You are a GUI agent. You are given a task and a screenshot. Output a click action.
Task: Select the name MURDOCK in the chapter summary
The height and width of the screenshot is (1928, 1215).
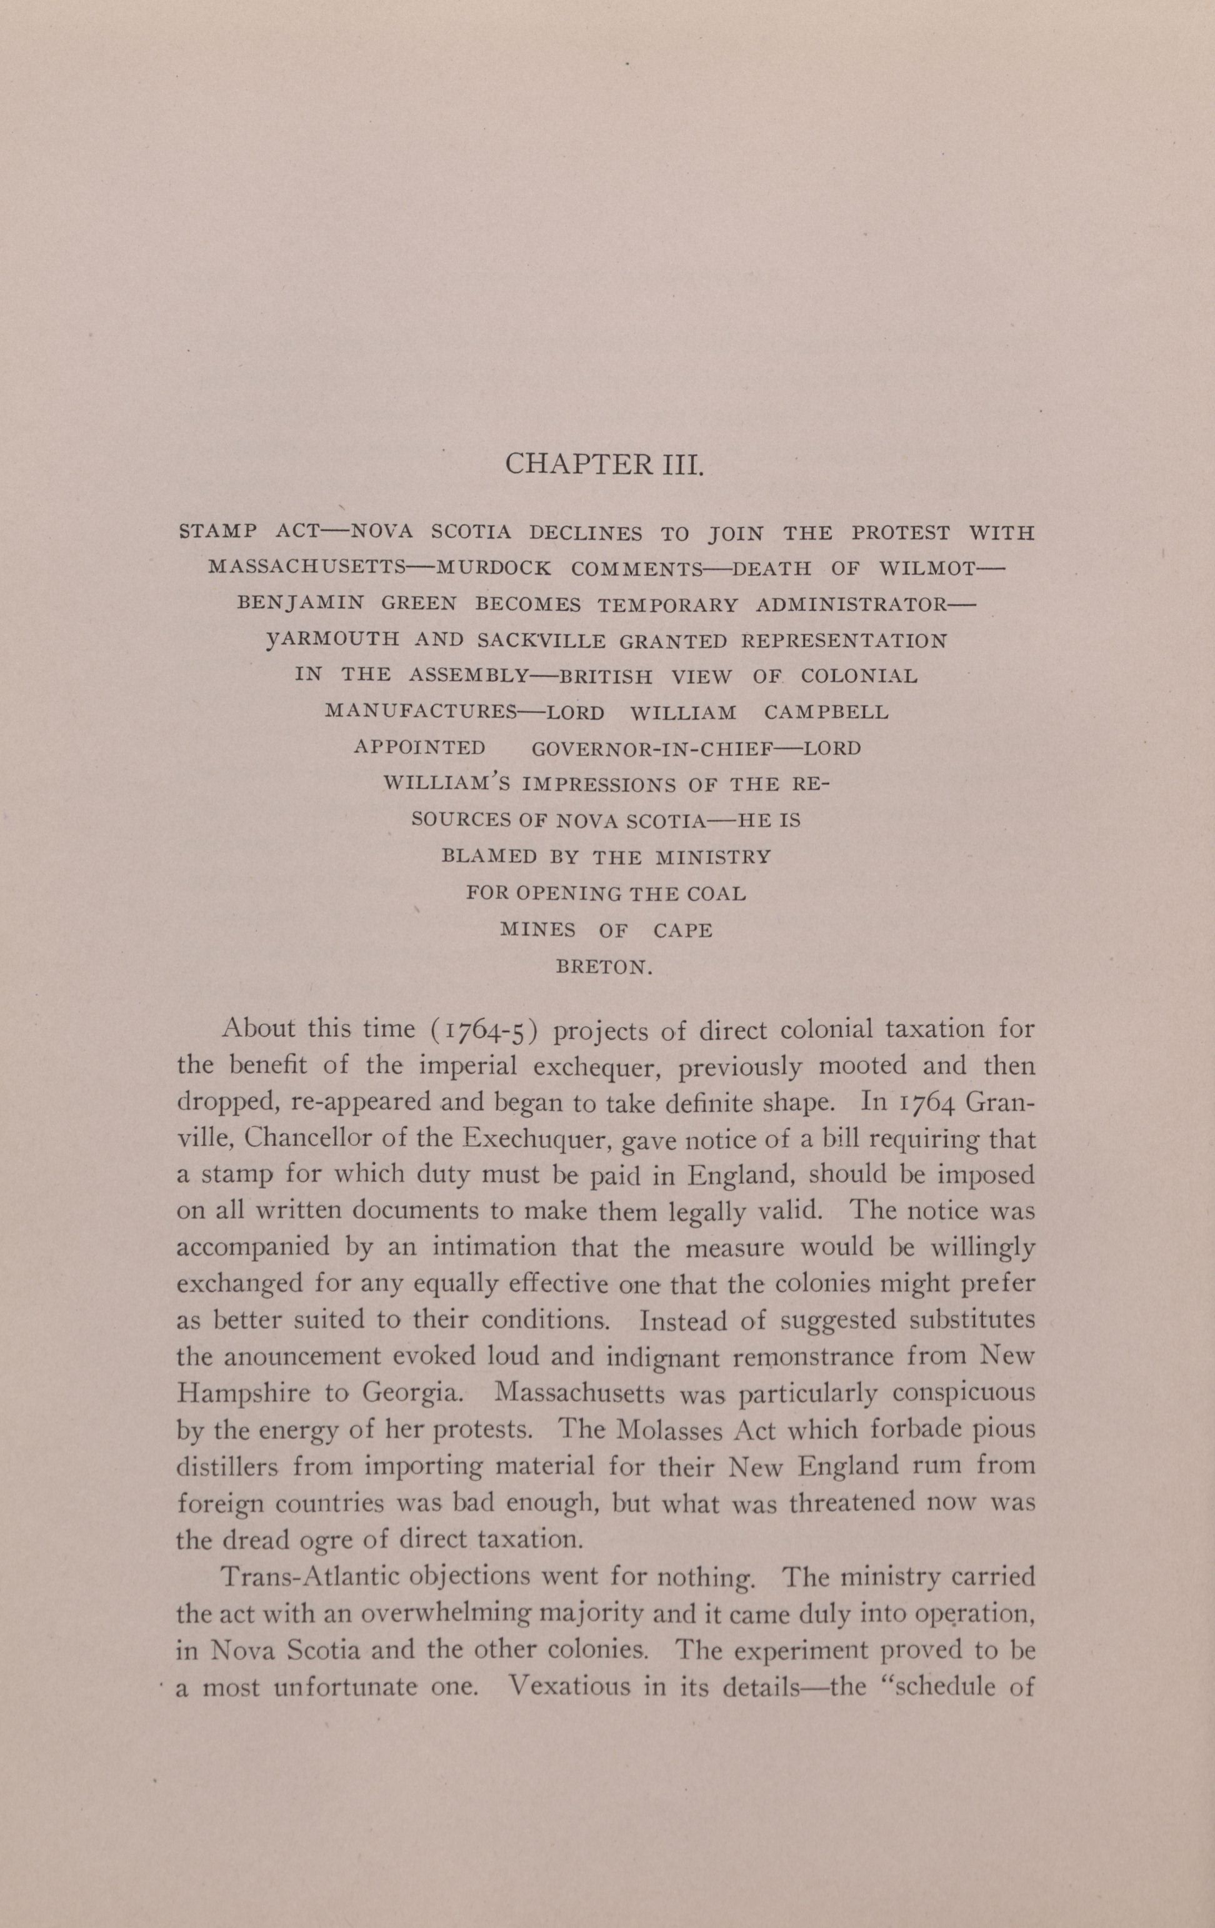492,569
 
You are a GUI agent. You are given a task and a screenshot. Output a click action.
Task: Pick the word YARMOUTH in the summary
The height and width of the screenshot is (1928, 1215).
332,640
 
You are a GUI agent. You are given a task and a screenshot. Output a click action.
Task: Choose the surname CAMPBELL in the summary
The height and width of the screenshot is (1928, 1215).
826,712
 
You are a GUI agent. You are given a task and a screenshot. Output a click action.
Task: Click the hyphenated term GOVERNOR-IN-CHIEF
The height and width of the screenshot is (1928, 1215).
652,748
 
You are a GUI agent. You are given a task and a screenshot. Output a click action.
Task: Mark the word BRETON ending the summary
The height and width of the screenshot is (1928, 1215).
606,966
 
